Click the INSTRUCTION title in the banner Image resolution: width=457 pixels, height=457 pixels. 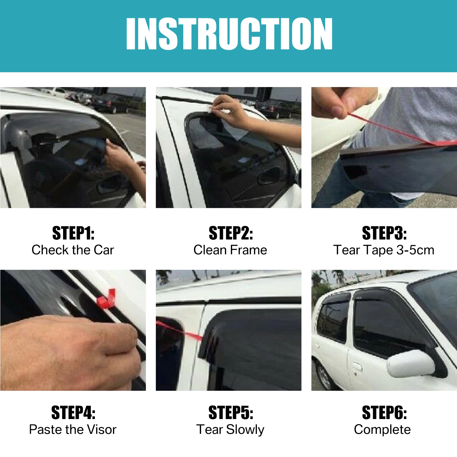(229, 34)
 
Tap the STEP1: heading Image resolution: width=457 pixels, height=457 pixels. (73, 233)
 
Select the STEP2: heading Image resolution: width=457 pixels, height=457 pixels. (231, 233)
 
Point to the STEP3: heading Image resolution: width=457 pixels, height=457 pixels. (384, 233)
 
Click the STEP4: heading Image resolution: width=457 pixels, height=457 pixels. (73, 413)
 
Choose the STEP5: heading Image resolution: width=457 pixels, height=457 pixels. (231, 413)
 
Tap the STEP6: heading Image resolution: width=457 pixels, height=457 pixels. (384, 413)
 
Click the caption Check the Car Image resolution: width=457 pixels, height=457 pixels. (73, 250)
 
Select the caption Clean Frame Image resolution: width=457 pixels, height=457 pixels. (230, 250)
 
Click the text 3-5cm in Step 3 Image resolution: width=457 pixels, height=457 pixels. (415, 250)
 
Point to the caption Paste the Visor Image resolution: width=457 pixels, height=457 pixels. (73, 430)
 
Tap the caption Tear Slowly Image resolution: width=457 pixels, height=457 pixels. (230, 430)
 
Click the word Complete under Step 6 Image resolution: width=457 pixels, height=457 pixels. (382, 430)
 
